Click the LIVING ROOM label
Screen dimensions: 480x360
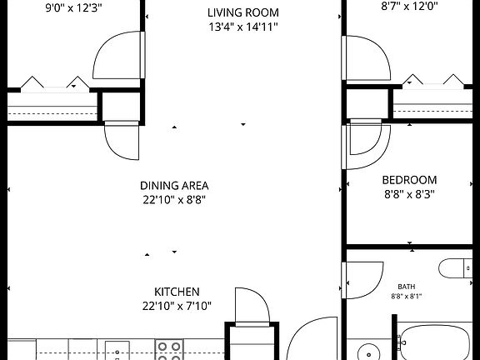coord(243,12)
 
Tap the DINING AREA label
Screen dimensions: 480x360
coord(174,186)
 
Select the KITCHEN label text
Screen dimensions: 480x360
coord(177,292)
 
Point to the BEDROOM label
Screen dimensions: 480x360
coord(409,180)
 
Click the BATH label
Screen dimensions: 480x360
coord(407,287)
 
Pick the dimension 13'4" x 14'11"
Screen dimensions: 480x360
coord(243,27)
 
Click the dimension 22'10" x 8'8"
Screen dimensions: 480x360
coord(174,200)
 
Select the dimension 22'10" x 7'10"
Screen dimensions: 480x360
coord(177,306)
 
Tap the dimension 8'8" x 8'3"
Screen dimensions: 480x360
coord(409,194)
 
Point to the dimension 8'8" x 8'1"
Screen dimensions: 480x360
coord(407,297)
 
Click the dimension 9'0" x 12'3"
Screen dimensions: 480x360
coord(73,8)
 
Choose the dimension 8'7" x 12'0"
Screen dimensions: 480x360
coord(409,6)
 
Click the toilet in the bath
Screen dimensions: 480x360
coord(456,268)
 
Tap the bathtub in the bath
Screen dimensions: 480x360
coord(435,342)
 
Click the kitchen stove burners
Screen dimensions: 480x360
coord(169,350)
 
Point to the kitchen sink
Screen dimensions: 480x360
coord(117,351)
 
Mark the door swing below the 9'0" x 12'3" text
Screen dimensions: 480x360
coord(101,61)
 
